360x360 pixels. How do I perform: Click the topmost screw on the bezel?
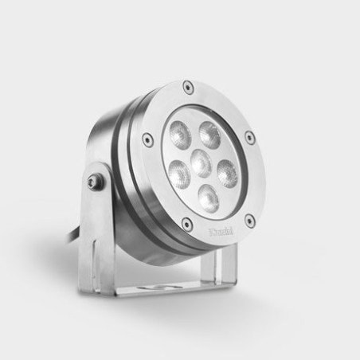tap(187, 86)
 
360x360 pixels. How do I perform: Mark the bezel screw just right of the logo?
tap(249, 220)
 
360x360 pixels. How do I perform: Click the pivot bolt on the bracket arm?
tap(97, 183)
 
